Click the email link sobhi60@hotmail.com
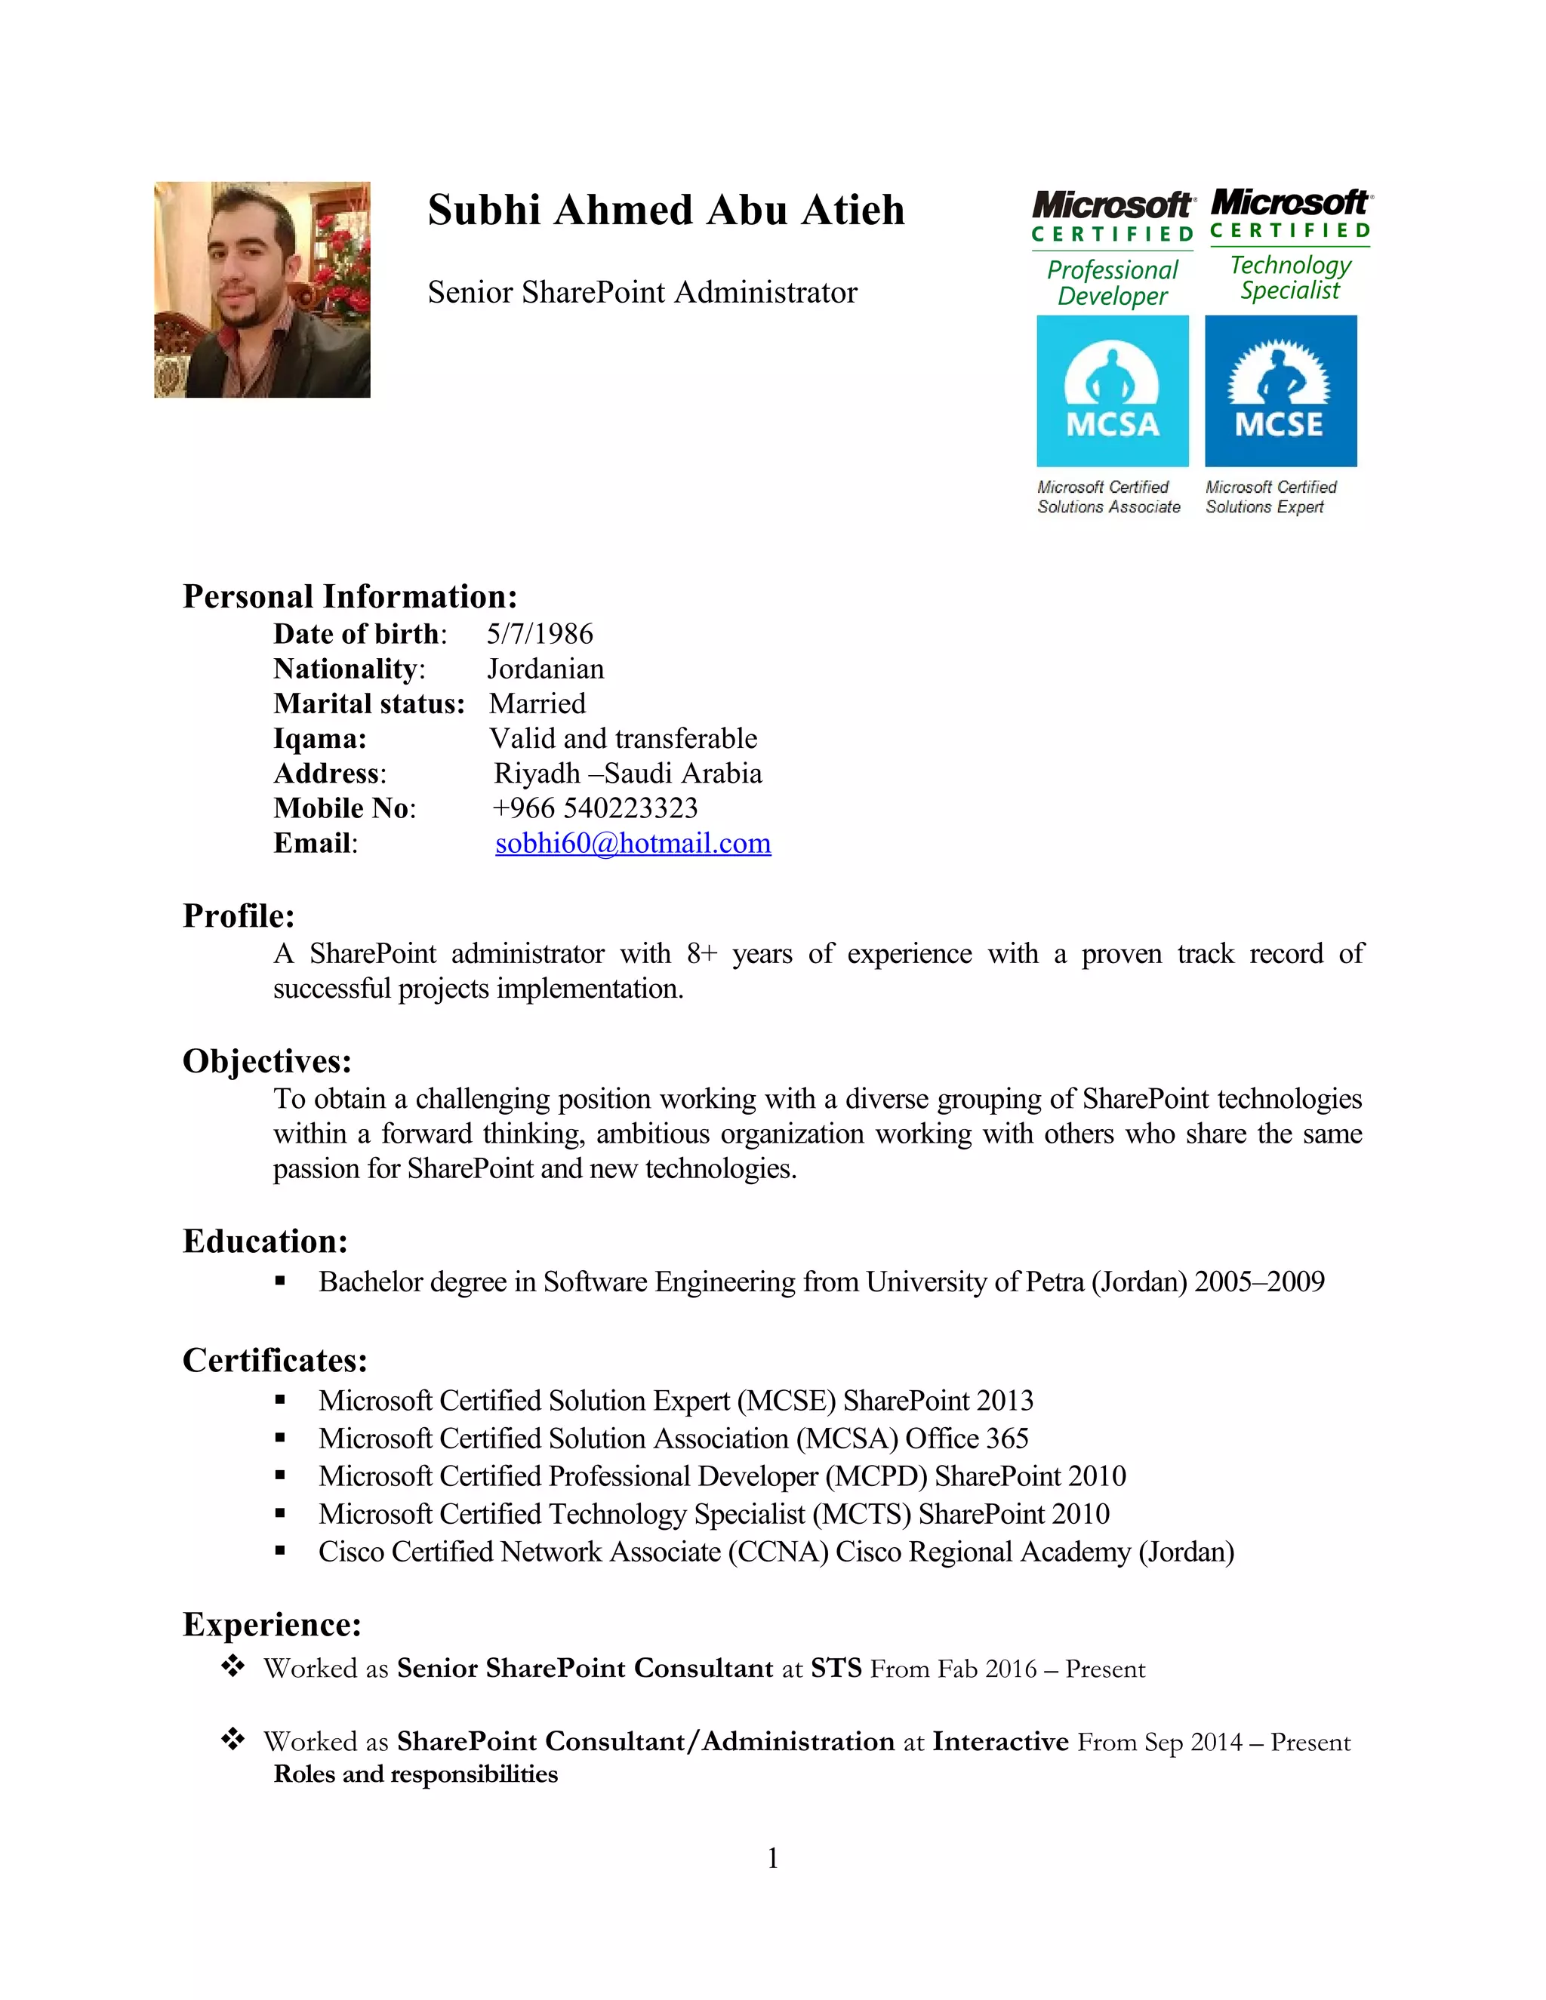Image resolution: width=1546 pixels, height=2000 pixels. coord(633,844)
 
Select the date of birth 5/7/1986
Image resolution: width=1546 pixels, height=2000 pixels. coord(540,634)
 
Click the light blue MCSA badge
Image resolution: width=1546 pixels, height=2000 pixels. coord(1112,391)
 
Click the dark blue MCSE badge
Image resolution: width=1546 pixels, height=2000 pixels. coord(1280,391)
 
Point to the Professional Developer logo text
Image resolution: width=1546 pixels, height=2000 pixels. coord(1112,283)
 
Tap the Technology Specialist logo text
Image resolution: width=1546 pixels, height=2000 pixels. coord(1289,278)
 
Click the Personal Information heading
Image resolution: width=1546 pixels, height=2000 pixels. coord(350,596)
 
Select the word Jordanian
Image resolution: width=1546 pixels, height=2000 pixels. coord(545,669)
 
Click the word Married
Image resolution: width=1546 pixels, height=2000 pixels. coord(537,704)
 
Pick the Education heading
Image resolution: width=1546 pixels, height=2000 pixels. coord(266,1241)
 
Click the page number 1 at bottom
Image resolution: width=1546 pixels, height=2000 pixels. coord(773,1858)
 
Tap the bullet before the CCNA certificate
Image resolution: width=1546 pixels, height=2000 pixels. coord(280,1552)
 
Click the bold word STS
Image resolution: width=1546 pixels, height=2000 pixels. coord(836,1669)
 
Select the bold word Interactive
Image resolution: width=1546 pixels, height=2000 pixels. coord(1000,1742)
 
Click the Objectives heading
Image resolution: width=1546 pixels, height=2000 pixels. coord(266,1061)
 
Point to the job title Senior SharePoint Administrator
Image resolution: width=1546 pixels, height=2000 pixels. coord(642,292)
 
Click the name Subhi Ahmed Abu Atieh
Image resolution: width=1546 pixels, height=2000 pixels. coord(666,210)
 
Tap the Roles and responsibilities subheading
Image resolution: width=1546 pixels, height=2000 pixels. coord(415,1775)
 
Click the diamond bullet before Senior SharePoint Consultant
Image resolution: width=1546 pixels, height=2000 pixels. coord(233,1666)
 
